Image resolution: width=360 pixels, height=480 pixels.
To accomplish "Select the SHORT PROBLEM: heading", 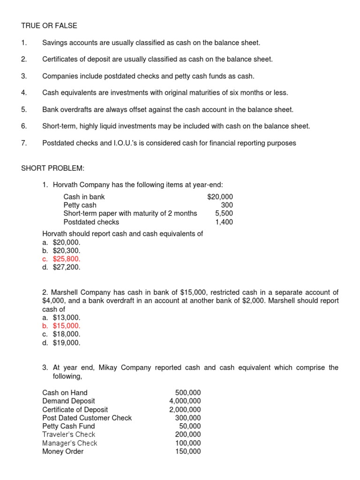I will (52, 168).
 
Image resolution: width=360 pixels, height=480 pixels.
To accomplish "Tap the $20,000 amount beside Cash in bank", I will (219, 197).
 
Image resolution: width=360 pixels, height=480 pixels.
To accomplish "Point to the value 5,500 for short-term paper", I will (224, 214).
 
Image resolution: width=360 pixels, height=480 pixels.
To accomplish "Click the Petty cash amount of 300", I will (227, 205).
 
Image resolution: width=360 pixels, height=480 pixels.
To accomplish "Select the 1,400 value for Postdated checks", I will (224, 222).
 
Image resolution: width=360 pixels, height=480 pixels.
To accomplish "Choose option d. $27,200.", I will (61, 267).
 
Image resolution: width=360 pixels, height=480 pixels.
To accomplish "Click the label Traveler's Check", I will (68, 435).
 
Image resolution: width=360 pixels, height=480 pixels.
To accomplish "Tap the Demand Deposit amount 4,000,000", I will (185, 401).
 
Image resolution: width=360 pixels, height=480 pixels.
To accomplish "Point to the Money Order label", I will (63, 451).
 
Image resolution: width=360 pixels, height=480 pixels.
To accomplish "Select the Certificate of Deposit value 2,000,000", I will (185, 409).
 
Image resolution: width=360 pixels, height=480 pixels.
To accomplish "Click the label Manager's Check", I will (69, 443).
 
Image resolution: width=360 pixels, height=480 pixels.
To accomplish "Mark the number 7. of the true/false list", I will (24, 143).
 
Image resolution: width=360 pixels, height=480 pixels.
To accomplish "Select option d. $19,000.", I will (61, 343).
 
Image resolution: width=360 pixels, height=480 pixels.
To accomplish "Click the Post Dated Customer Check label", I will (87, 418).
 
